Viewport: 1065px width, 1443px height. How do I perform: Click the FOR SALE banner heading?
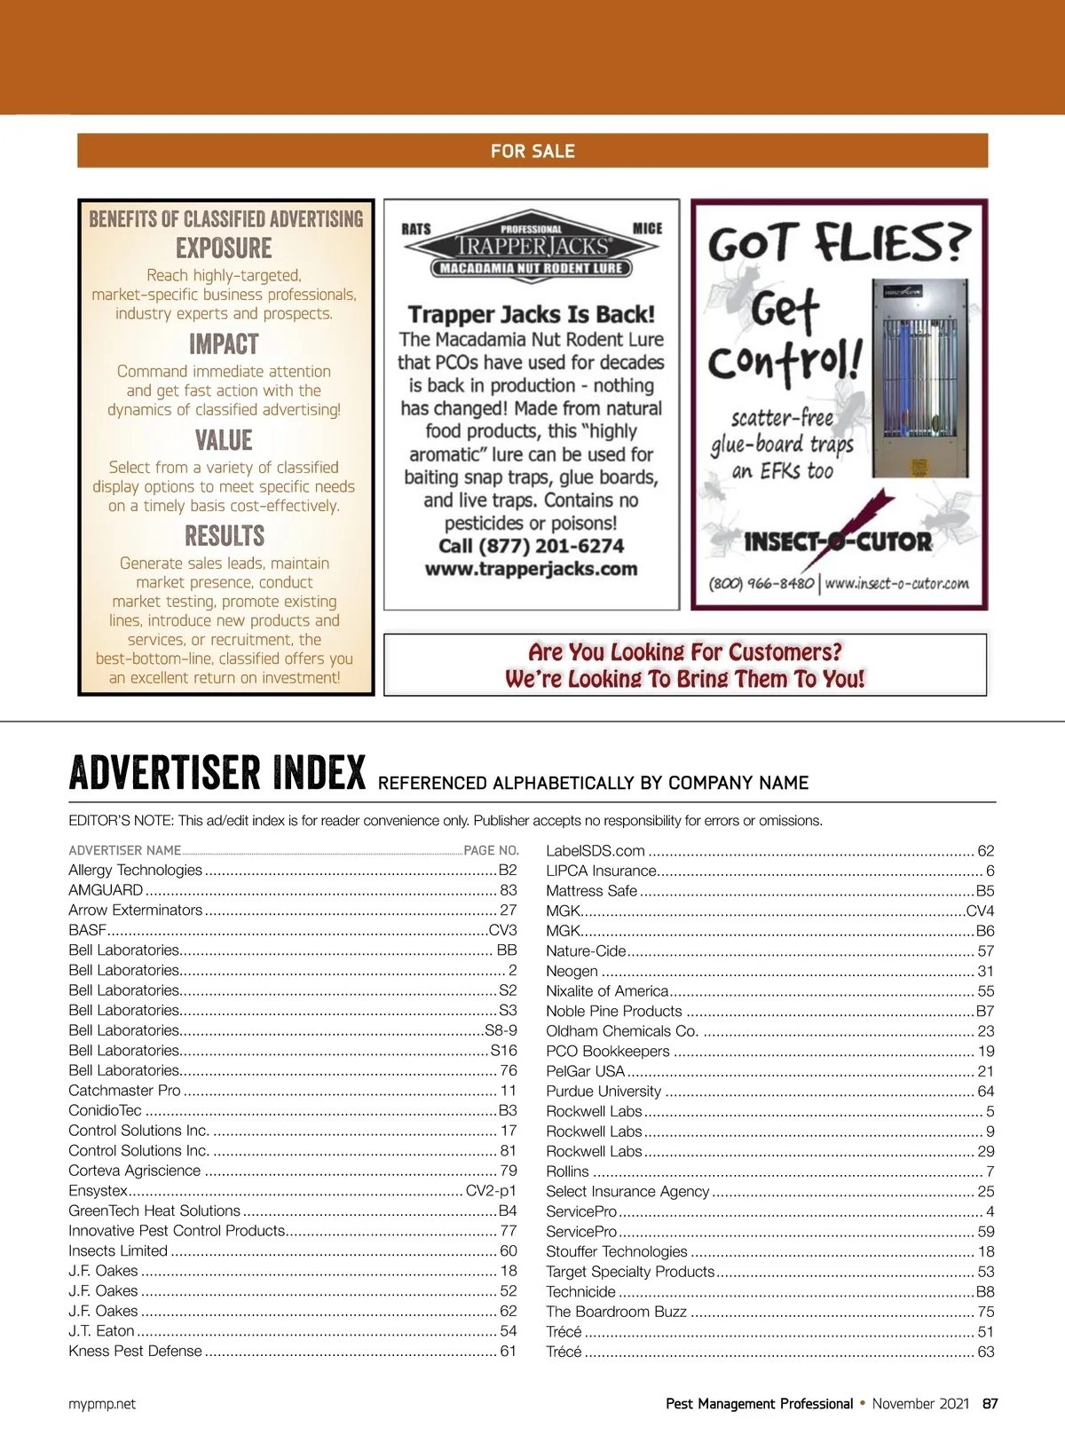point(532,151)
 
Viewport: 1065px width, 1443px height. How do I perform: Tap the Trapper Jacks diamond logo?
point(531,247)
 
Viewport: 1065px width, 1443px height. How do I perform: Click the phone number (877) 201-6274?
point(531,546)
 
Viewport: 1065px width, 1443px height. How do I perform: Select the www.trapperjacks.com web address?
point(531,569)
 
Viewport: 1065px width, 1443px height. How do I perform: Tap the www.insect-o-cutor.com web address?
point(896,584)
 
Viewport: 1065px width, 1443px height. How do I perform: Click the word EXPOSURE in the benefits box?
point(224,248)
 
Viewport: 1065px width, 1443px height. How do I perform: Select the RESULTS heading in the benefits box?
point(225,536)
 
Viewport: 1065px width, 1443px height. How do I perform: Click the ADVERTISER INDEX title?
point(217,773)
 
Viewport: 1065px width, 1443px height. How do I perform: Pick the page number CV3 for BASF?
point(502,930)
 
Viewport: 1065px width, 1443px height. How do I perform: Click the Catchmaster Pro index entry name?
point(124,1091)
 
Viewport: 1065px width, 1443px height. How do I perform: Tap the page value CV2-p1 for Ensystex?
point(491,1191)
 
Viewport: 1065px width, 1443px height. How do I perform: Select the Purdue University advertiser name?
point(603,1092)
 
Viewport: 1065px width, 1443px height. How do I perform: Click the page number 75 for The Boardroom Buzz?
point(985,1312)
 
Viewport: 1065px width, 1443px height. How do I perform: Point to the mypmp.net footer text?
point(102,1404)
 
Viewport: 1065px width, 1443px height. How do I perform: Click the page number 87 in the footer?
point(990,1404)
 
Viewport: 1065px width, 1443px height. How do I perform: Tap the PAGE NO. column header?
point(491,850)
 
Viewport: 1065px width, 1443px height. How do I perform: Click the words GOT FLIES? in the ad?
point(838,241)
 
